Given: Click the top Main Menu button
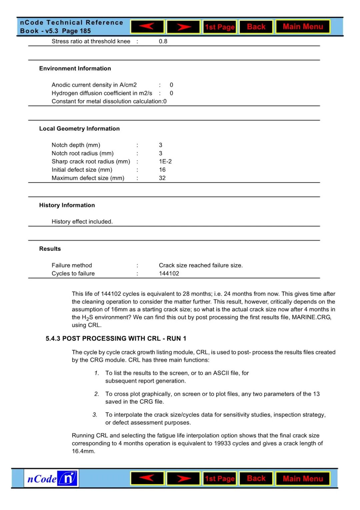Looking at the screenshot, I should [303, 27].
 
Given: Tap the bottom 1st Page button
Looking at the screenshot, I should [220, 479].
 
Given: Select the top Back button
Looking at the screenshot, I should [256, 27].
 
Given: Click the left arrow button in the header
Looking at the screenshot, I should [147, 27].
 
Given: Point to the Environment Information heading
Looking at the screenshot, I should [75, 68].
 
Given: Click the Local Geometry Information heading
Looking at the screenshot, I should [79, 129].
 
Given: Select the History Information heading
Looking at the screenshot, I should [67, 205].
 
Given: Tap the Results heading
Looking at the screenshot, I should [50, 249].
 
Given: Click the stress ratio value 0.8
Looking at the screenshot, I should [163, 41].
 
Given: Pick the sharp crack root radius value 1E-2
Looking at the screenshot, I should [165, 161].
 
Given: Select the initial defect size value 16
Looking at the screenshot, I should [162, 170].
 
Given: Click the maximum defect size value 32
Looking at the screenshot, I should [162, 178].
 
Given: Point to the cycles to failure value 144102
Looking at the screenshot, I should [169, 274].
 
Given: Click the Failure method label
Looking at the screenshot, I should [72, 265].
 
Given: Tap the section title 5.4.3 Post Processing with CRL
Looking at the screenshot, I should [116, 339].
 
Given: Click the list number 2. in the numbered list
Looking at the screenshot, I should [97, 394].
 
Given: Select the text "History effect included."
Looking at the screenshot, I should [82, 221].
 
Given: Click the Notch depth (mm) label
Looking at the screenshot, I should [76, 145].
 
